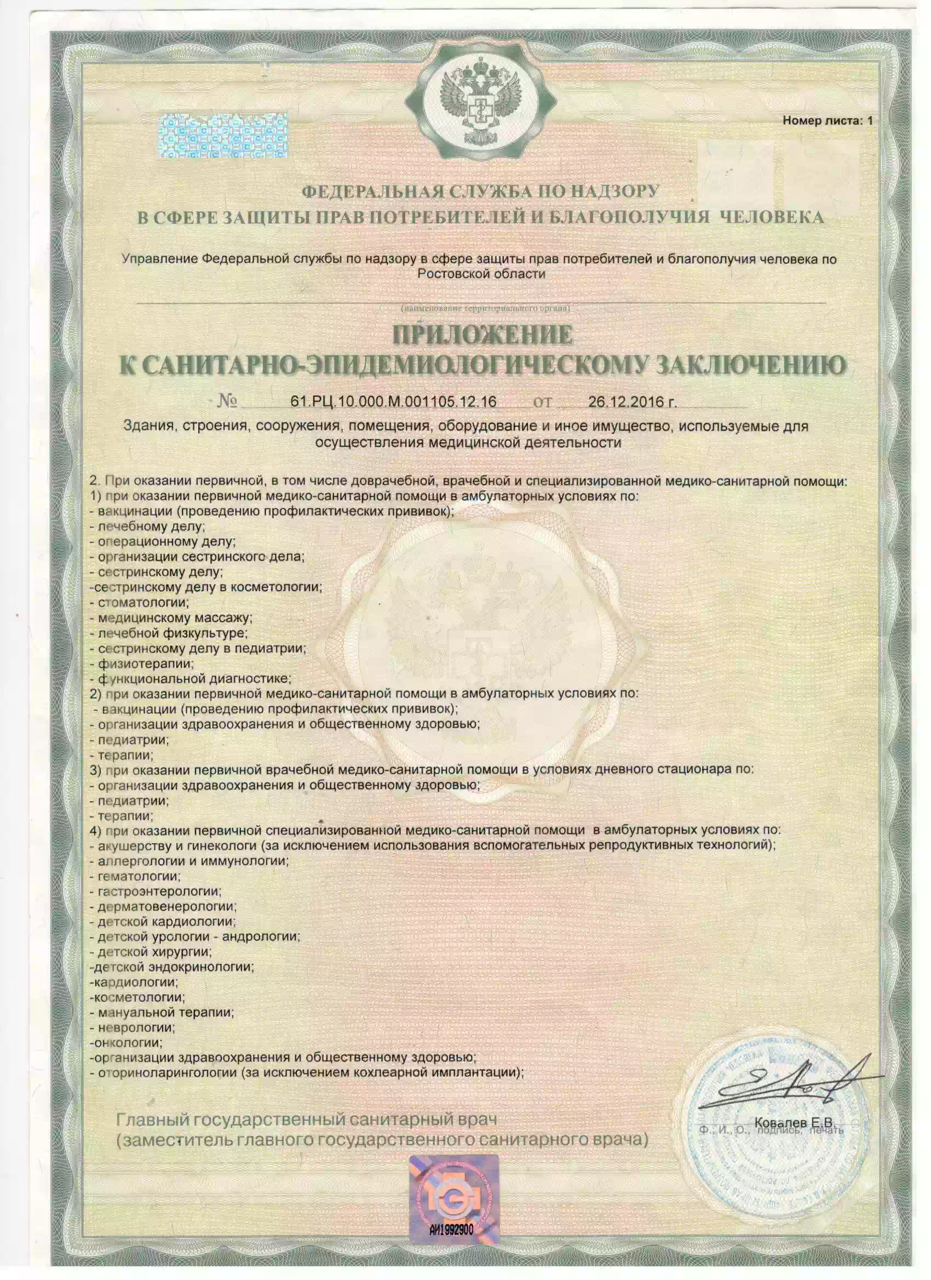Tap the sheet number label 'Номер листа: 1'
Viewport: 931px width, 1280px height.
click(827, 121)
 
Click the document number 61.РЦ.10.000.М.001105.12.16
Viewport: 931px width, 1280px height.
click(393, 401)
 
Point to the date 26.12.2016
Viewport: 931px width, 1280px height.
click(631, 401)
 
